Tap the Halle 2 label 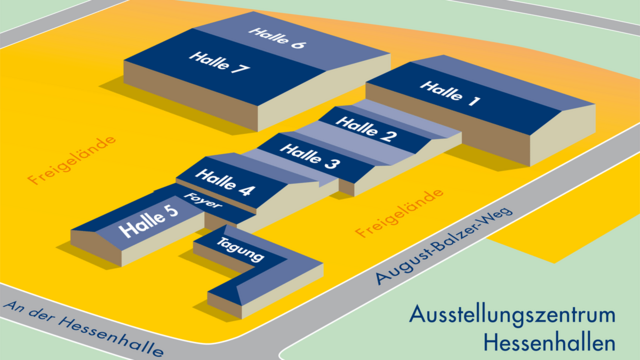coord(366,130)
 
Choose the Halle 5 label coord(150,220)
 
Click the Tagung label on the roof coord(240,250)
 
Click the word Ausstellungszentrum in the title coord(516,314)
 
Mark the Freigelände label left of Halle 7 coord(72,160)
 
